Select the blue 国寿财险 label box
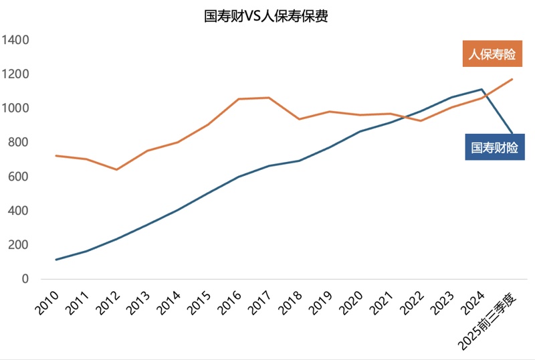click(x=495, y=147)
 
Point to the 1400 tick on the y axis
click(x=16, y=40)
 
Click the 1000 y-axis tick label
click(x=16, y=108)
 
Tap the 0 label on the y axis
click(x=26, y=279)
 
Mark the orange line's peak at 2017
click(x=269, y=98)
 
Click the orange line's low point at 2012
click(x=116, y=169)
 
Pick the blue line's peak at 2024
click(x=481, y=89)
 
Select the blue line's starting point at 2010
click(x=56, y=260)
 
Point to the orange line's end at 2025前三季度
click(x=512, y=79)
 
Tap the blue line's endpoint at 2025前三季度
click(x=512, y=134)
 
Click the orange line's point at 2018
click(x=299, y=119)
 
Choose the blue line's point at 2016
click(x=238, y=177)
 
